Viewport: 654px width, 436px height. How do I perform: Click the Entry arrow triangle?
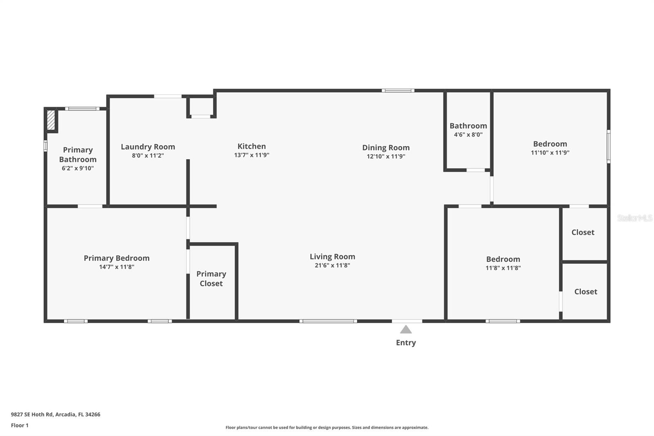(405, 330)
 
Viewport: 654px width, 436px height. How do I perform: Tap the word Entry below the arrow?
(405, 343)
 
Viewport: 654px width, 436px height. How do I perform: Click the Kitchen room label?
(251, 146)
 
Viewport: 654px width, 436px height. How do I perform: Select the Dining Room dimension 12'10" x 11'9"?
(385, 156)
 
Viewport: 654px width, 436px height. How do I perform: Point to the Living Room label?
(332, 256)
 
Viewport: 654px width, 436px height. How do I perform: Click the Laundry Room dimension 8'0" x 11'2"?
(148, 155)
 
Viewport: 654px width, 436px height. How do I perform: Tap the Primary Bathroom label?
(78, 155)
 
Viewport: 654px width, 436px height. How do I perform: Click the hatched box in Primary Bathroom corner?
(51, 120)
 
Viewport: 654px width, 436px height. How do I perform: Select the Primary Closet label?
(211, 279)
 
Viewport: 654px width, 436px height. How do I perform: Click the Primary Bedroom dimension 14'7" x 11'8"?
(116, 267)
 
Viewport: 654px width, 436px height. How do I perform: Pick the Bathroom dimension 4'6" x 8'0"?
(468, 135)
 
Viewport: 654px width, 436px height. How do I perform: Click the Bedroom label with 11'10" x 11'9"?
(550, 144)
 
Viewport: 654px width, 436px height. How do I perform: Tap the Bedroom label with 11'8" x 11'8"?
(503, 259)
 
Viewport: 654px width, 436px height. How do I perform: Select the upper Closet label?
(582, 232)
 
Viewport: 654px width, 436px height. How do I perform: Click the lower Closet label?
(585, 292)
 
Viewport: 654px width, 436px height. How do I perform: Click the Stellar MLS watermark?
(634, 218)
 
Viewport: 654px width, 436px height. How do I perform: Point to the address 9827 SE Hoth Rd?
(56, 414)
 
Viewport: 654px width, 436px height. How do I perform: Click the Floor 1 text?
(20, 425)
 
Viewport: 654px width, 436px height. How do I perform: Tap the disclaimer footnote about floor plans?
(327, 427)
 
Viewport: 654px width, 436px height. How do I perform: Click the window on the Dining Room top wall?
(398, 90)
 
